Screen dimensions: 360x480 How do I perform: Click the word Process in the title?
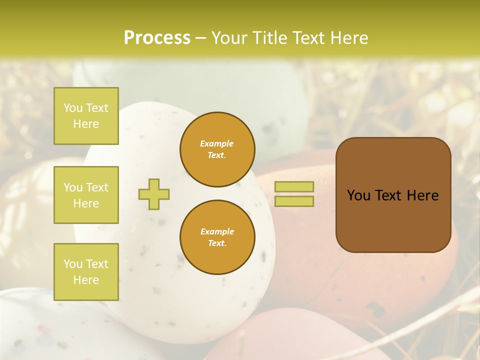click(157, 38)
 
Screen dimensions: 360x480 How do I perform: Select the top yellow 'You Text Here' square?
click(86, 116)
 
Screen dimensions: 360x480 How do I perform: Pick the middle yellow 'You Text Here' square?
click(86, 195)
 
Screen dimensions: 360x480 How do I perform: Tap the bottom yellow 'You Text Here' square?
click(86, 272)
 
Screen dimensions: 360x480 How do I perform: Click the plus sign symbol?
click(153, 194)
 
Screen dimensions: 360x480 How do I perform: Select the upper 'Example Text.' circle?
click(217, 149)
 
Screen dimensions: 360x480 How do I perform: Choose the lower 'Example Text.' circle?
click(217, 237)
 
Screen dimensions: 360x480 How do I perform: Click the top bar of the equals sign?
click(294, 186)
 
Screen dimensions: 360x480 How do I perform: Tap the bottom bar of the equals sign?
click(294, 201)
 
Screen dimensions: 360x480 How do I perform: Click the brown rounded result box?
click(393, 195)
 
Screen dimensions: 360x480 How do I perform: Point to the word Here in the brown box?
click(422, 195)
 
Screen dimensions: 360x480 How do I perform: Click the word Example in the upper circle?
click(217, 143)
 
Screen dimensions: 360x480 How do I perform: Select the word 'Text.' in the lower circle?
click(217, 243)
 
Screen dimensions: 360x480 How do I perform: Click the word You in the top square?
click(73, 108)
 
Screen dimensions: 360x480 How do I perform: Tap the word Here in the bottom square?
click(86, 280)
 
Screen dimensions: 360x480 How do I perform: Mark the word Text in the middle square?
click(97, 187)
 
